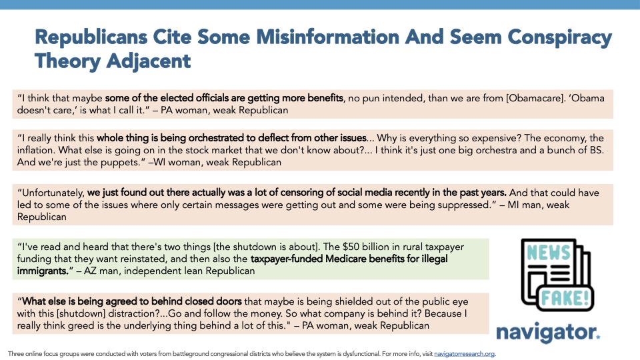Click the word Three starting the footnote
[16, 353]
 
